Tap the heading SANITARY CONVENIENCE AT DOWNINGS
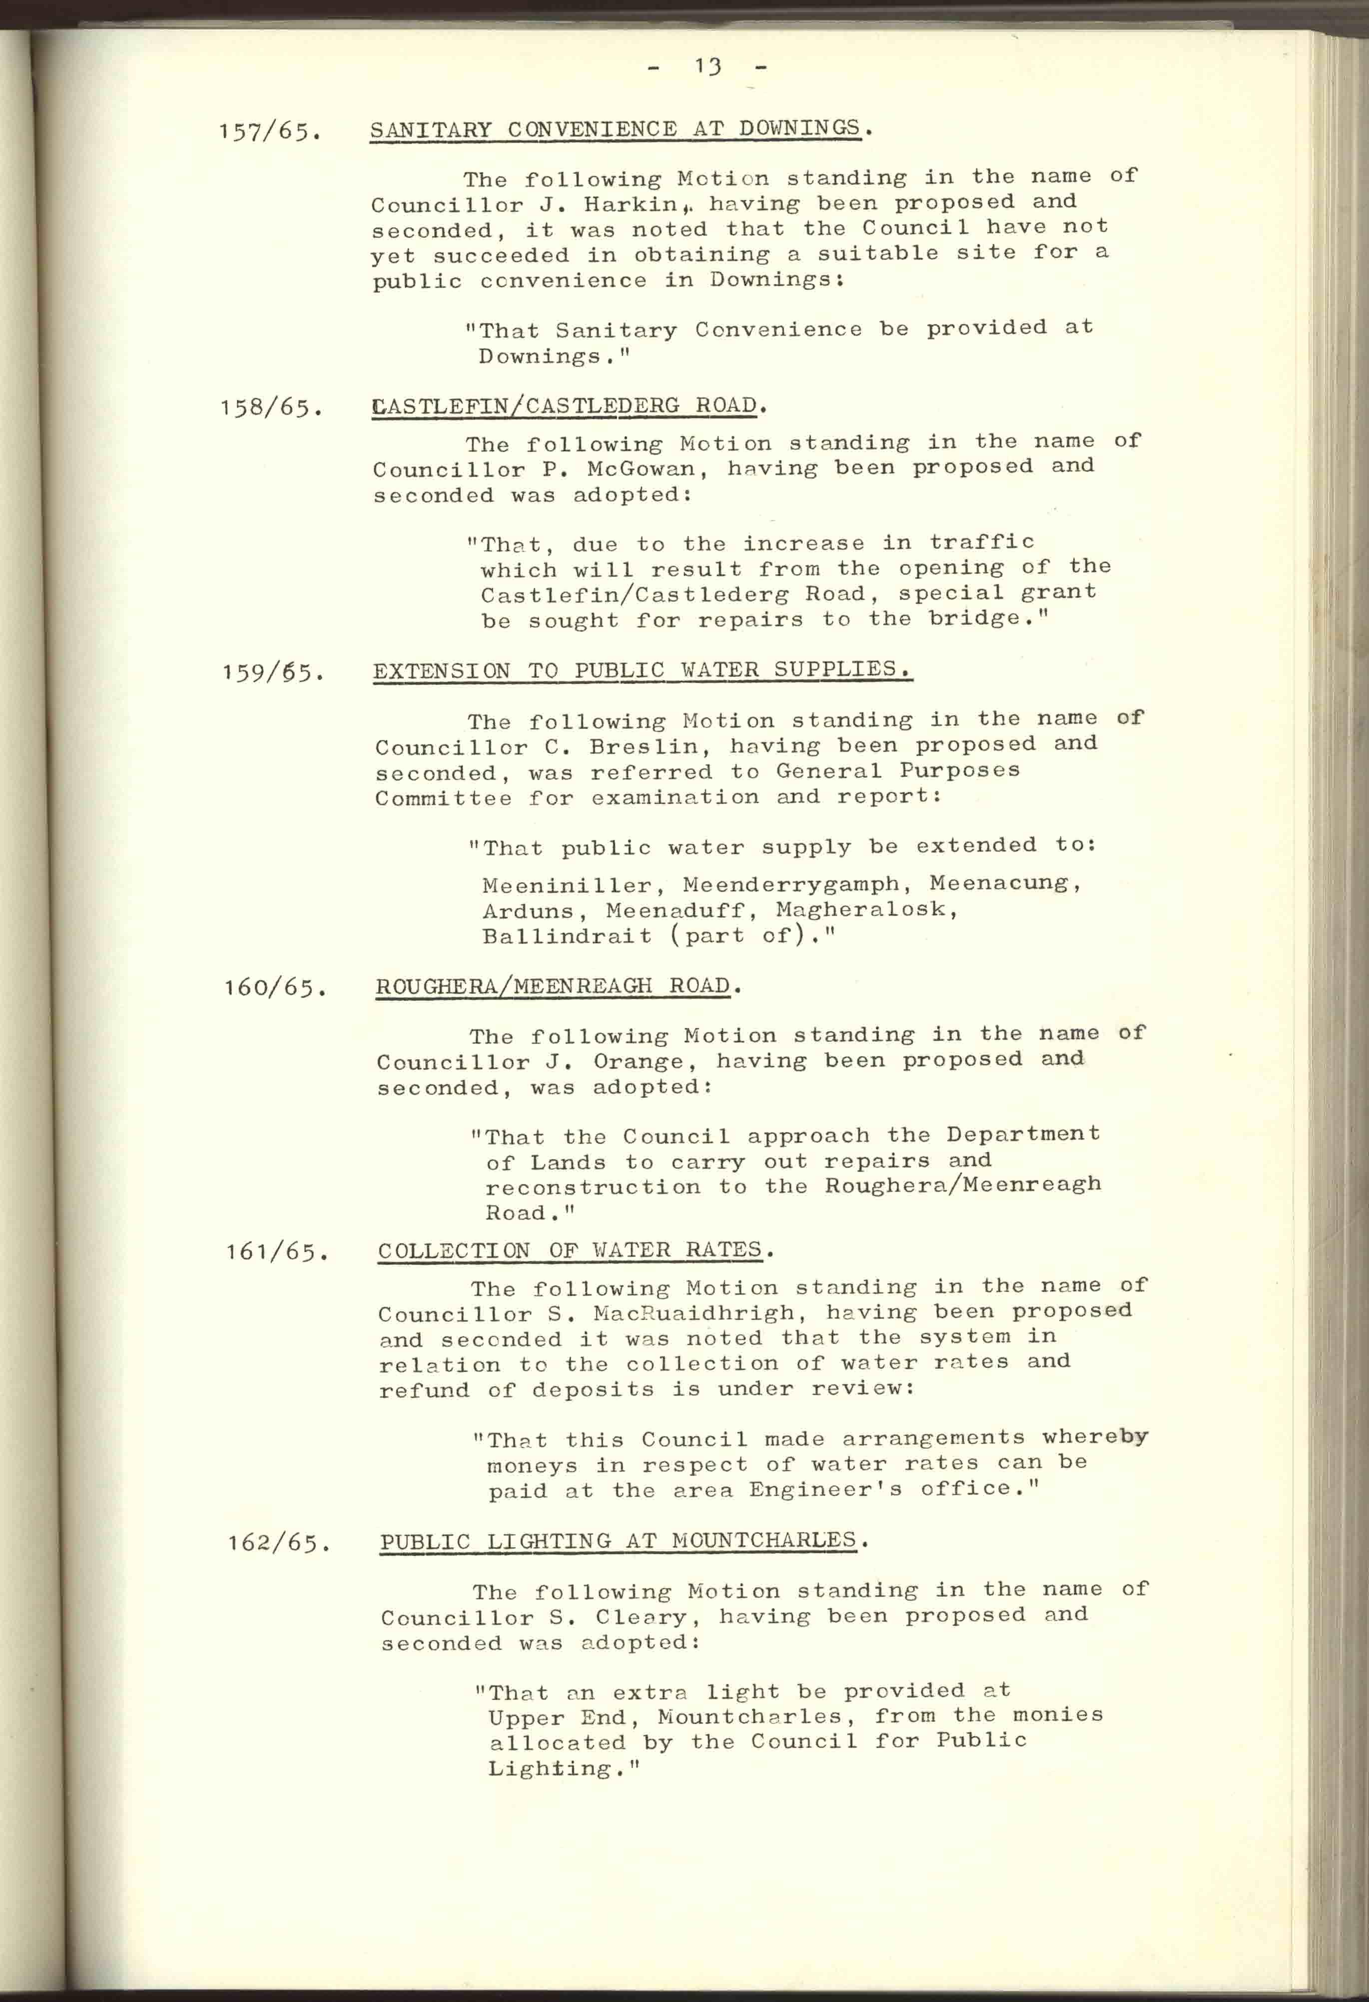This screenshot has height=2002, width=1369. (615, 129)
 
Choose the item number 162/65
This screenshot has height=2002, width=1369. (278, 1542)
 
